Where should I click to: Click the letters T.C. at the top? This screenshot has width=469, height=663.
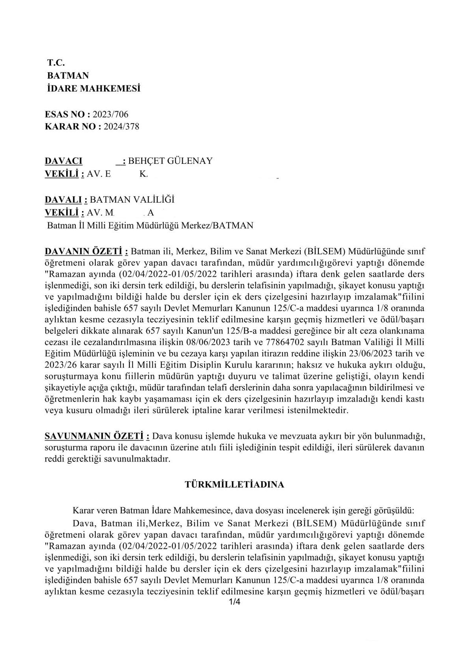pos(56,62)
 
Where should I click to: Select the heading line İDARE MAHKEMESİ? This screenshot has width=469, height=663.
pos(93,89)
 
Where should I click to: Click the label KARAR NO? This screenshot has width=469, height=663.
pos(71,127)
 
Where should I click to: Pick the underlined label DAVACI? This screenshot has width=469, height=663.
pos(64,161)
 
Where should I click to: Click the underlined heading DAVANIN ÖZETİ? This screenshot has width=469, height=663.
pos(86,251)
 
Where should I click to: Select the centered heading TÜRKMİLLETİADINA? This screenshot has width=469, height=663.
pos(234,485)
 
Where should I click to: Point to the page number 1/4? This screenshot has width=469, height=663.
pos(234,602)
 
